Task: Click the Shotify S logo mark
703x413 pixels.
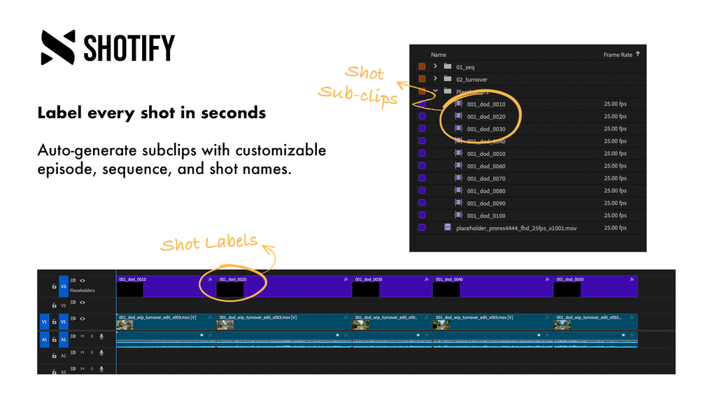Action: tap(57, 48)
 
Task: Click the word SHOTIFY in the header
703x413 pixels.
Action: tap(129, 48)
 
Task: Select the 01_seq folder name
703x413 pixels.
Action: tap(464, 67)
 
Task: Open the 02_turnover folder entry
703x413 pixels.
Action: tap(471, 80)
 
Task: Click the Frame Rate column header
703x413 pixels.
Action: tap(618, 55)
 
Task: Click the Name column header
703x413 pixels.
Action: tap(439, 55)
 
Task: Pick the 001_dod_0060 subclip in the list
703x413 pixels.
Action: tap(485, 166)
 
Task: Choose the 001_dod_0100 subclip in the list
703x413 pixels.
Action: tap(485, 216)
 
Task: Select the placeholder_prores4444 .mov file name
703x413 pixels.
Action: tap(516, 228)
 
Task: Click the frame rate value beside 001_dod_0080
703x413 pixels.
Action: tap(615, 191)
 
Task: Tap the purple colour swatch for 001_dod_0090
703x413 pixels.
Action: tap(422, 203)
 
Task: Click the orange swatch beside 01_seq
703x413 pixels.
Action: tap(422, 67)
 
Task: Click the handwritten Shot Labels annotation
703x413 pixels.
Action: tap(209, 243)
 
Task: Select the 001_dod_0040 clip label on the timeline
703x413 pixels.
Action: tap(449, 280)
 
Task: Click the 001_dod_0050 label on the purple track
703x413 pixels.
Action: tap(569, 280)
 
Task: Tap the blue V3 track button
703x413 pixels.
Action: tap(63, 285)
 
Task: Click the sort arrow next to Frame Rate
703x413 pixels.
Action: tap(638, 54)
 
